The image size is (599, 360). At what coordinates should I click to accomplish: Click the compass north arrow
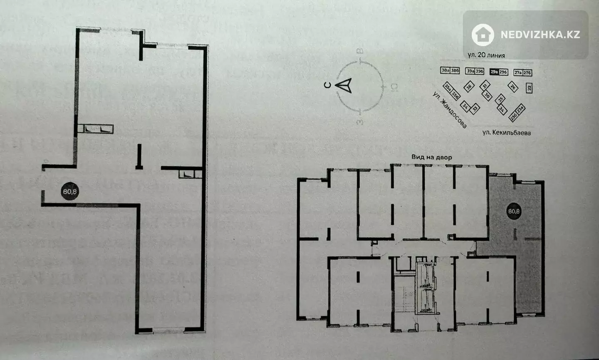click(x=345, y=86)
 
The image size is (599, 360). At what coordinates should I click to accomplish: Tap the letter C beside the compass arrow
click(x=328, y=86)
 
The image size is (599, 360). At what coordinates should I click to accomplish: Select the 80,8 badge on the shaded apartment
click(x=514, y=211)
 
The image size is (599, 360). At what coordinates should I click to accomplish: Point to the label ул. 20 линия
click(x=486, y=55)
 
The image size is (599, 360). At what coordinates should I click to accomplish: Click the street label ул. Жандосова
click(x=449, y=110)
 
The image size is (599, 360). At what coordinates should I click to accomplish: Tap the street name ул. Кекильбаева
click(x=506, y=133)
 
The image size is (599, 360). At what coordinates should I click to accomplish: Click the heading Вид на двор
click(x=431, y=157)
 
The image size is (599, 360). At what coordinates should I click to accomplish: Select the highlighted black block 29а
click(x=494, y=72)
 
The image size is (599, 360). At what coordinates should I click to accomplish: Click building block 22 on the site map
click(x=529, y=88)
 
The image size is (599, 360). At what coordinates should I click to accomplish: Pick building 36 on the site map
click(x=469, y=87)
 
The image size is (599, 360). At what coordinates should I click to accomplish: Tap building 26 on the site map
click(x=513, y=87)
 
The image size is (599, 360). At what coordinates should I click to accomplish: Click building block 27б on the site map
click(x=527, y=72)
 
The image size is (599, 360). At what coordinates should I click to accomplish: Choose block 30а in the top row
click(x=446, y=71)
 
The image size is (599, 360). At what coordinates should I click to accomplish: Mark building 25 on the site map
click(x=501, y=98)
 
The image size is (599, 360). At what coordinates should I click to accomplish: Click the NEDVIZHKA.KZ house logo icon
click(x=483, y=35)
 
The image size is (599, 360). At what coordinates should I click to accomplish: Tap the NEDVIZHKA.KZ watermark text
click(x=540, y=35)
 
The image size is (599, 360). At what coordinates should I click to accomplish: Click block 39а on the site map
click(x=470, y=72)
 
